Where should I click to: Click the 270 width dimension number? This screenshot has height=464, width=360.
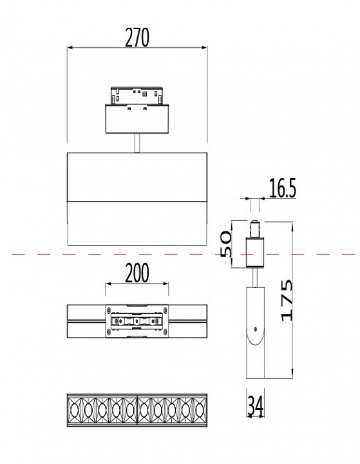pos(137,38)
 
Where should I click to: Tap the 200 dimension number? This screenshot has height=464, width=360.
pos(137,274)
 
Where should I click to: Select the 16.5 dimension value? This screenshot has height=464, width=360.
pos(282,189)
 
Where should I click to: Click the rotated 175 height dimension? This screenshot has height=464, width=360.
pos(289,300)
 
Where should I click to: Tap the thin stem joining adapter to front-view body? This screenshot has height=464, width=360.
pos(137,143)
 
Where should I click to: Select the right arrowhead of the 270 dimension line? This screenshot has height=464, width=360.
pos(204,48)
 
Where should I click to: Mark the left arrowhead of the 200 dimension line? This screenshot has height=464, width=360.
pos(108,284)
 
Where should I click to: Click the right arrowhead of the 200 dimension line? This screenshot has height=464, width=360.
pos(167,284)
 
